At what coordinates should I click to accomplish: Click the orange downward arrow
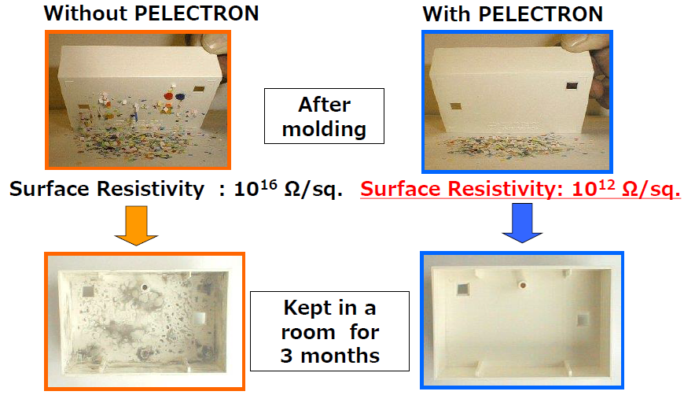[x=137, y=225]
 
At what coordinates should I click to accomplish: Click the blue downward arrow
[x=522, y=223]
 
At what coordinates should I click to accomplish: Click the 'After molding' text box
[x=324, y=116]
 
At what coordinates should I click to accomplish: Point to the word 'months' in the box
[x=340, y=356]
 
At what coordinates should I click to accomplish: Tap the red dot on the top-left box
[x=168, y=96]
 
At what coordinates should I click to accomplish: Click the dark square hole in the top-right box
[x=572, y=86]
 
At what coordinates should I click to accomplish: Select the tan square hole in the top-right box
[x=455, y=107]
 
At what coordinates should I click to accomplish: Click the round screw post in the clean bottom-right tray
[x=522, y=285]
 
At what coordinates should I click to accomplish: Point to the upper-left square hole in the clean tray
[x=462, y=288]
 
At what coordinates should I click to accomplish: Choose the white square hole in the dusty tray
[x=199, y=317]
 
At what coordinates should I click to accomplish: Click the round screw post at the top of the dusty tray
[x=145, y=287]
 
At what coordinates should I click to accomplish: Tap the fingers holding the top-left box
[x=215, y=45]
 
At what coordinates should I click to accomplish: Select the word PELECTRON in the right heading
[x=540, y=14]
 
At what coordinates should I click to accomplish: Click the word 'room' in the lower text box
[x=308, y=333]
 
